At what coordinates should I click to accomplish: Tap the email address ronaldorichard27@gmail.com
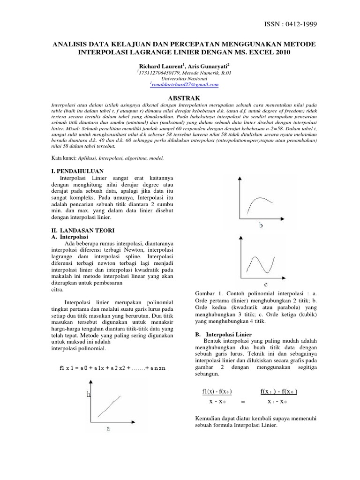[x=185, y=85]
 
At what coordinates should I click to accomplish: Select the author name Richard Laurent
[x=157, y=67]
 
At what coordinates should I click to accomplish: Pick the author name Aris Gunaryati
[x=208, y=67]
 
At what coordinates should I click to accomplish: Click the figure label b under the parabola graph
[x=261, y=226]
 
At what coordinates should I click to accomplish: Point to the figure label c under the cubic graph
[x=266, y=285]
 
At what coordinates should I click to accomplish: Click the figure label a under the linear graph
[x=108, y=428]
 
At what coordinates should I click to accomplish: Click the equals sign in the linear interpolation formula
[x=242, y=402]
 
